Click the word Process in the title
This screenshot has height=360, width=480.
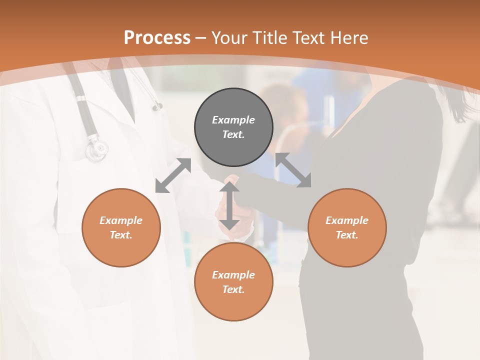point(157,38)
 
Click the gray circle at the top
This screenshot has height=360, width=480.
point(233,127)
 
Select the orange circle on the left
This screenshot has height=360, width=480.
point(121,227)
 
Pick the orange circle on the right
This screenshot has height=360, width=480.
point(347,227)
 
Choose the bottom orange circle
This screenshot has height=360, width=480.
point(233,282)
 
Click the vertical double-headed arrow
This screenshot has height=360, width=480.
point(229,205)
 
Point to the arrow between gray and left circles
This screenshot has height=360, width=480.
point(173,175)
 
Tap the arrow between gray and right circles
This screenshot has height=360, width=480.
point(293,170)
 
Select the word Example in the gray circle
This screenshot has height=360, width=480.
point(233,120)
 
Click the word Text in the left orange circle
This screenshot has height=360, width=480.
point(121,235)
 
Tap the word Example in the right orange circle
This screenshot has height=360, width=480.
point(347,220)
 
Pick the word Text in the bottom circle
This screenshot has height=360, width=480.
point(233,289)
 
